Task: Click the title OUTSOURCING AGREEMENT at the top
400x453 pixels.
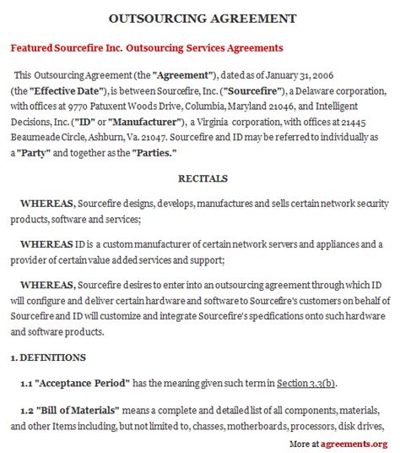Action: point(200,18)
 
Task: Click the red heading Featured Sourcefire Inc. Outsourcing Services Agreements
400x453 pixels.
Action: point(146,47)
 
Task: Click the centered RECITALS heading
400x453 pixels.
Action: point(200,178)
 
